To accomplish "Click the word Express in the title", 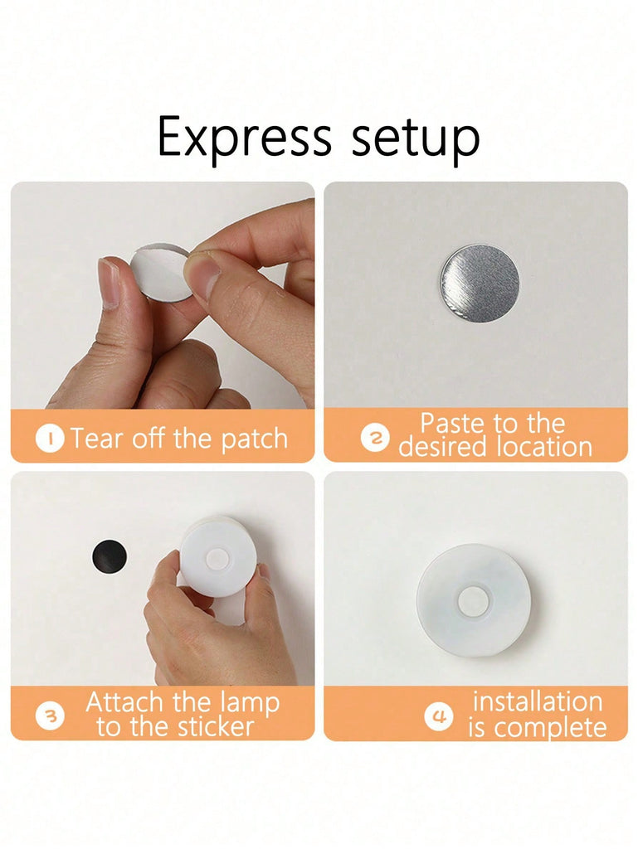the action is tap(244, 137).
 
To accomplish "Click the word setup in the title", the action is tap(416, 139).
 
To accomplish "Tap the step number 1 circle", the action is tap(50, 439).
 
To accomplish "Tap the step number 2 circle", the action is tap(375, 438).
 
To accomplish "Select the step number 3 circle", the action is tap(50, 716).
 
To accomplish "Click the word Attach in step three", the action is tap(124, 701).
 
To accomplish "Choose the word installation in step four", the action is tap(538, 701).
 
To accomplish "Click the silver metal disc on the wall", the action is tap(479, 283).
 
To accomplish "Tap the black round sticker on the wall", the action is tap(110, 556).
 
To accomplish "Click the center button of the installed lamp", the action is tap(473, 601).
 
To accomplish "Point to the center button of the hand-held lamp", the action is tap(217, 557).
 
